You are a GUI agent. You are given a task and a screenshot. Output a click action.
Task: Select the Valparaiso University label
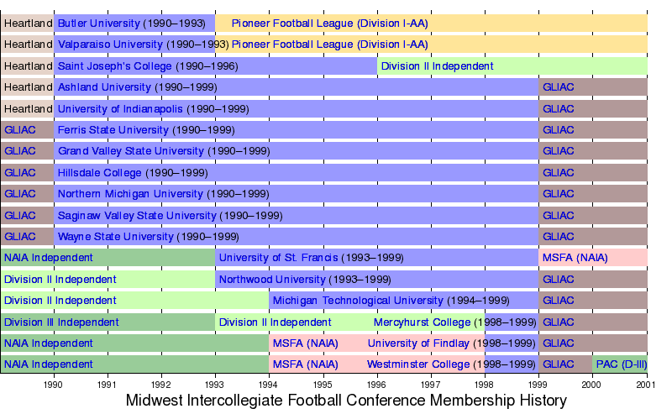click(110, 45)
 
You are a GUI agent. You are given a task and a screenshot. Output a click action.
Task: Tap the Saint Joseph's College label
click(114, 66)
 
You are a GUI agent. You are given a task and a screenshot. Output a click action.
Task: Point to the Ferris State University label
click(113, 130)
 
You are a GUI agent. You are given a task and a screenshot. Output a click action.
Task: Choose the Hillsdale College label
click(100, 173)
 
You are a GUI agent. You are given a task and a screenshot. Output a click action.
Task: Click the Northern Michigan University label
click(130, 194)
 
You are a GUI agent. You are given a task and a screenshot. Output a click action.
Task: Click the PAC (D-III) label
click(621, 364)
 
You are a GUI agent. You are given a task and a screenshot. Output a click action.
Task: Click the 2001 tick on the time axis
click(646, 385)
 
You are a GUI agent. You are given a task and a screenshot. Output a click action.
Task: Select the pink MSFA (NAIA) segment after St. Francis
click(575, 258)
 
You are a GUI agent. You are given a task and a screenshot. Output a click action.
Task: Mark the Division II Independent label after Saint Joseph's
click(437, 66)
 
